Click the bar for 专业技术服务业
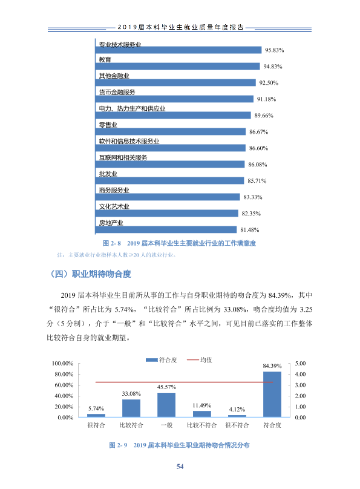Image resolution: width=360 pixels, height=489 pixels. click(178, 50)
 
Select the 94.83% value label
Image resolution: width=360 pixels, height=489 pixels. click(273, 67)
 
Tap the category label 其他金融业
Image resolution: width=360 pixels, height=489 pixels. click(114, 76)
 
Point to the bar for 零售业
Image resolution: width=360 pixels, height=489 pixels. click(171, 131)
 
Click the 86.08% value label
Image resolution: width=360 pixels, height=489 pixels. click(258, 165)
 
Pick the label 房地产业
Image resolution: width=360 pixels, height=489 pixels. click(111, 223)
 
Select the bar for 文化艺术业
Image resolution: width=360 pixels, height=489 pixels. click(167, 213)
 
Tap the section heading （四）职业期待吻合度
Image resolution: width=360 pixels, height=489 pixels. click(90, 274)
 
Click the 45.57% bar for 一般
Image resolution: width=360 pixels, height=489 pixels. click(166, 405)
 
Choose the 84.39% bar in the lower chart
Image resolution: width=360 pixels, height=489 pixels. click(272, 394)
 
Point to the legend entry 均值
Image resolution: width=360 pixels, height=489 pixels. click(200, 360)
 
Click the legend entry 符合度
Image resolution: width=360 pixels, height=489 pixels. click(161, 360)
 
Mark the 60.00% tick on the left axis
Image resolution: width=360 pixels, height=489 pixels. click(64, 385)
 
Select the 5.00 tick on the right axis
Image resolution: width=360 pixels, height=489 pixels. click(300, 363)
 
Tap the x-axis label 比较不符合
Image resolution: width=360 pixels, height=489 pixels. click(201, 425)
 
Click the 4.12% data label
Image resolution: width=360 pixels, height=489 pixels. click(237, 410)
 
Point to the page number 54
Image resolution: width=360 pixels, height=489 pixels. click(180, 467)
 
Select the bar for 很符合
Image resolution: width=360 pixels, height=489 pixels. click(96, 416)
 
